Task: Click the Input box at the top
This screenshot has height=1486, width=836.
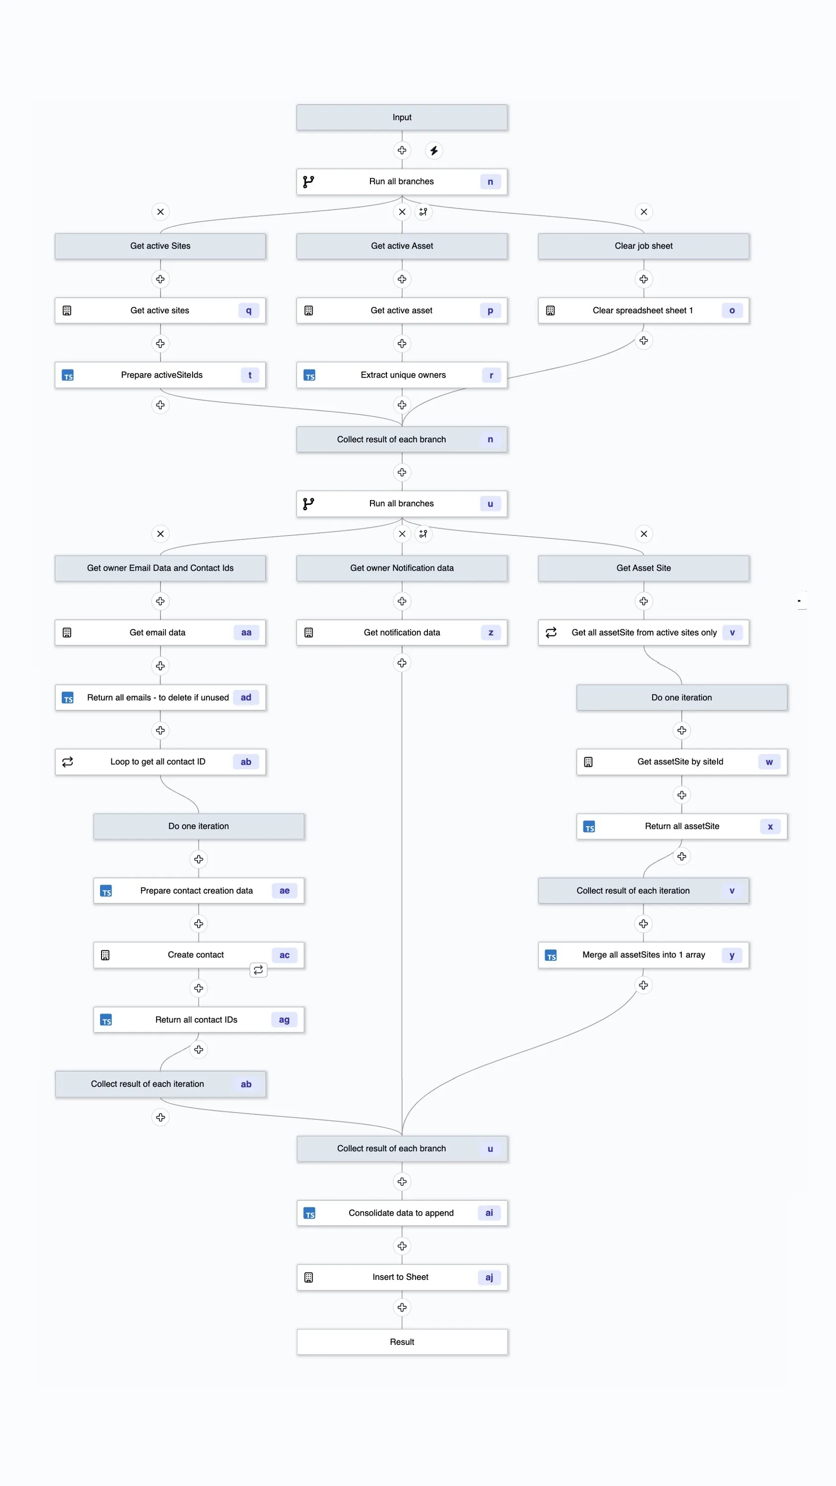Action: point(402,117)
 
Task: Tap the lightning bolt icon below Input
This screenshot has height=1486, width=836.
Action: point(434,151)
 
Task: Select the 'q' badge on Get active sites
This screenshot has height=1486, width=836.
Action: point(249,311)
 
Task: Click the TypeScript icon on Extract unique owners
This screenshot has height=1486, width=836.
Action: point(309,375)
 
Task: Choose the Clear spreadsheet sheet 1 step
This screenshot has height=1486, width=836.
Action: point(643,311)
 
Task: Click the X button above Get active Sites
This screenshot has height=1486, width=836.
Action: point(160,212)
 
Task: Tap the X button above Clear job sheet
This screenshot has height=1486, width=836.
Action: point(643,212)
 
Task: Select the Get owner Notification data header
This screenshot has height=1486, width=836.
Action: point(402,568)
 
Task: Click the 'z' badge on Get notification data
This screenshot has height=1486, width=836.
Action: point(490,632)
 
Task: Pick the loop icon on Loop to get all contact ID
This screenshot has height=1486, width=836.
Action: point(67,762)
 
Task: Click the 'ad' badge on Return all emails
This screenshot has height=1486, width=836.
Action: point(246,697)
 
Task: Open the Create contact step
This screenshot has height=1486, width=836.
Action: point(196,955)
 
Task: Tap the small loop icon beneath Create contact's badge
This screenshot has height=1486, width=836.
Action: point(259,970)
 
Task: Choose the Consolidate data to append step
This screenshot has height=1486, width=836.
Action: point(402,1213)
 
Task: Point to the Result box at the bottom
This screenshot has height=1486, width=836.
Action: point(402,1342)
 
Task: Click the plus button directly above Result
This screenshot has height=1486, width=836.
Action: point(402,1307)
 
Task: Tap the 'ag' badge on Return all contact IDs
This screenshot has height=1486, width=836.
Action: point(284,1020)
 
